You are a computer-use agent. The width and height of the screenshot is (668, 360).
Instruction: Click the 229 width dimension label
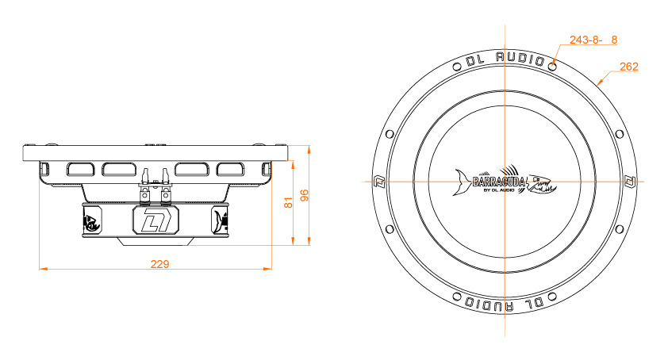click(x=159, y=263)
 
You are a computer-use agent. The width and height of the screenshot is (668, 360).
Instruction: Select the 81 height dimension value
click(x=289, y=202)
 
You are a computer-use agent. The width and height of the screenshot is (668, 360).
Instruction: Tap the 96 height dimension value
click(x=303, y=195)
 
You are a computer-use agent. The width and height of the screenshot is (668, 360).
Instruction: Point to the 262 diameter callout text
click(x=628, y=67)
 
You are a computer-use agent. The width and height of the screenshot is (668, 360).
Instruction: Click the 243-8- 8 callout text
click(x=593, y=39)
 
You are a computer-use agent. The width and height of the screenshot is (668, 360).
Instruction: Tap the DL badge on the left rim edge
click(x=378, y=182)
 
